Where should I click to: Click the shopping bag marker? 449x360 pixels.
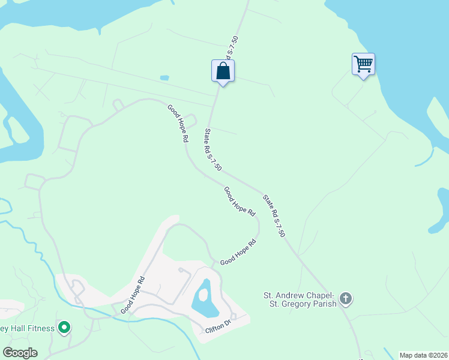(223, 71)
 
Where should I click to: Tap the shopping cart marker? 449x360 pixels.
(363, 64)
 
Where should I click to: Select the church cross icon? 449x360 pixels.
(345, 298)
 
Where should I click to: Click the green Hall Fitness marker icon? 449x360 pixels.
(64, 328)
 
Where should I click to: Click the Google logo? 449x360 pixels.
(20, 353)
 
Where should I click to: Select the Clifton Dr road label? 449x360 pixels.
(217, 326)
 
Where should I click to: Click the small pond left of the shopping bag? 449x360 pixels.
(164, 77)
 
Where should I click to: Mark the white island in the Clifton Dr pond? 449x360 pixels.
(203, 295)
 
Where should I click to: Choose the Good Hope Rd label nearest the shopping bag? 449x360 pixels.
(177, 123)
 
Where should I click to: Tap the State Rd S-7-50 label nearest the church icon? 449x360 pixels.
(273, 215)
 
